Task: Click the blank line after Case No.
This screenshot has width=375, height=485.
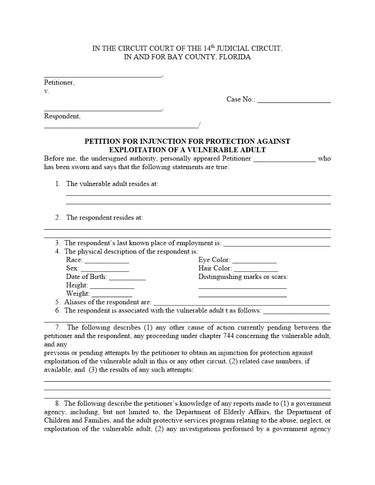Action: pyautogui.click(x=294, y=101)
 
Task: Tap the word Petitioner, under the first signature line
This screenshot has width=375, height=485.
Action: pyautogui.click(x=59, y=83)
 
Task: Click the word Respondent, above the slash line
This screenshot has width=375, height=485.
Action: pyautogui.click(x=62, y=116)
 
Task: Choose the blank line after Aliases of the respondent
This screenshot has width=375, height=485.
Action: pyautogui.click(x=241, y=304)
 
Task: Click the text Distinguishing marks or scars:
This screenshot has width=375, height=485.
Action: pyautogui.click(x=243, y=276)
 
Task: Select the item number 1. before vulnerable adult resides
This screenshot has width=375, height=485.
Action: pyautogui.click(x=58, y=184)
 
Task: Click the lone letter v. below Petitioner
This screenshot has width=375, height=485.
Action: pyautogui.click(x=46, y=91)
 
